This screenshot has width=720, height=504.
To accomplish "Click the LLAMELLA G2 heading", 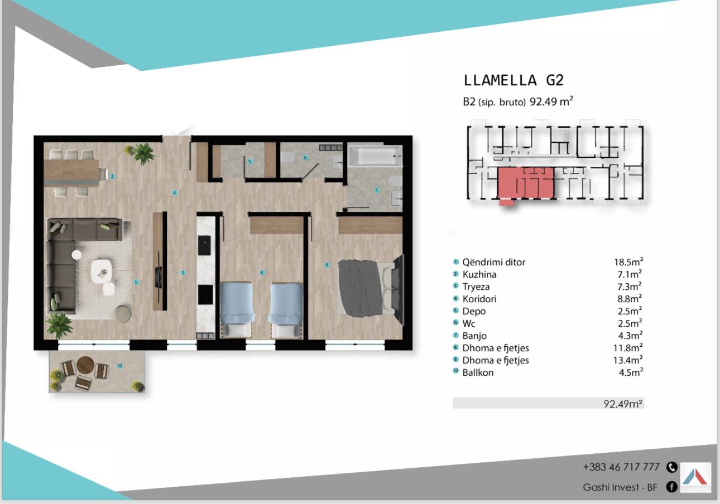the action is [x=513, y=80].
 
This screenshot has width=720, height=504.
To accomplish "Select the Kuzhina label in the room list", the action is [x=479, y=274].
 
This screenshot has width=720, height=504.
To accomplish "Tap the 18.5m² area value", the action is [x=628, y=261].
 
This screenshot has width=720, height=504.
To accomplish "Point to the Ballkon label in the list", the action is [x=478, y=372].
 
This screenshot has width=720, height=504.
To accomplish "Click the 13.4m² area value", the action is [x=628, y=360].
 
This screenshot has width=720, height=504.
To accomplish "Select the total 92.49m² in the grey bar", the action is [x=623, y=404].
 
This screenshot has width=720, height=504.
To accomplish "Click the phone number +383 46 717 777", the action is [x=621, y=467].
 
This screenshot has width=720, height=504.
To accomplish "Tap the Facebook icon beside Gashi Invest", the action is [x=671, y=487].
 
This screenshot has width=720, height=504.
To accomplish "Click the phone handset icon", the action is [x=672, y=467].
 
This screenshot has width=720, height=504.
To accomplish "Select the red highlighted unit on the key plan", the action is [x=526, y=183].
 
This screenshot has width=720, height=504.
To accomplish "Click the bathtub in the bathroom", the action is [x=376, y=156].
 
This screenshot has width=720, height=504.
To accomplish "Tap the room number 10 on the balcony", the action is [x=119, y=366].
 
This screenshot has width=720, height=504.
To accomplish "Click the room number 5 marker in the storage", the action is [x=250, y=162].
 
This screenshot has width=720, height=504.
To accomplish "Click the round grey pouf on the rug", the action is [x=123, y=313].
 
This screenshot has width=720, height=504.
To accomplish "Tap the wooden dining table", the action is [x=72, y=173].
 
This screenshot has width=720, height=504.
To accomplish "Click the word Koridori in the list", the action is [x=479, y=299].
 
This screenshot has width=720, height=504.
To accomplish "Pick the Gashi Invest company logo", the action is [x=695, y=477].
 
